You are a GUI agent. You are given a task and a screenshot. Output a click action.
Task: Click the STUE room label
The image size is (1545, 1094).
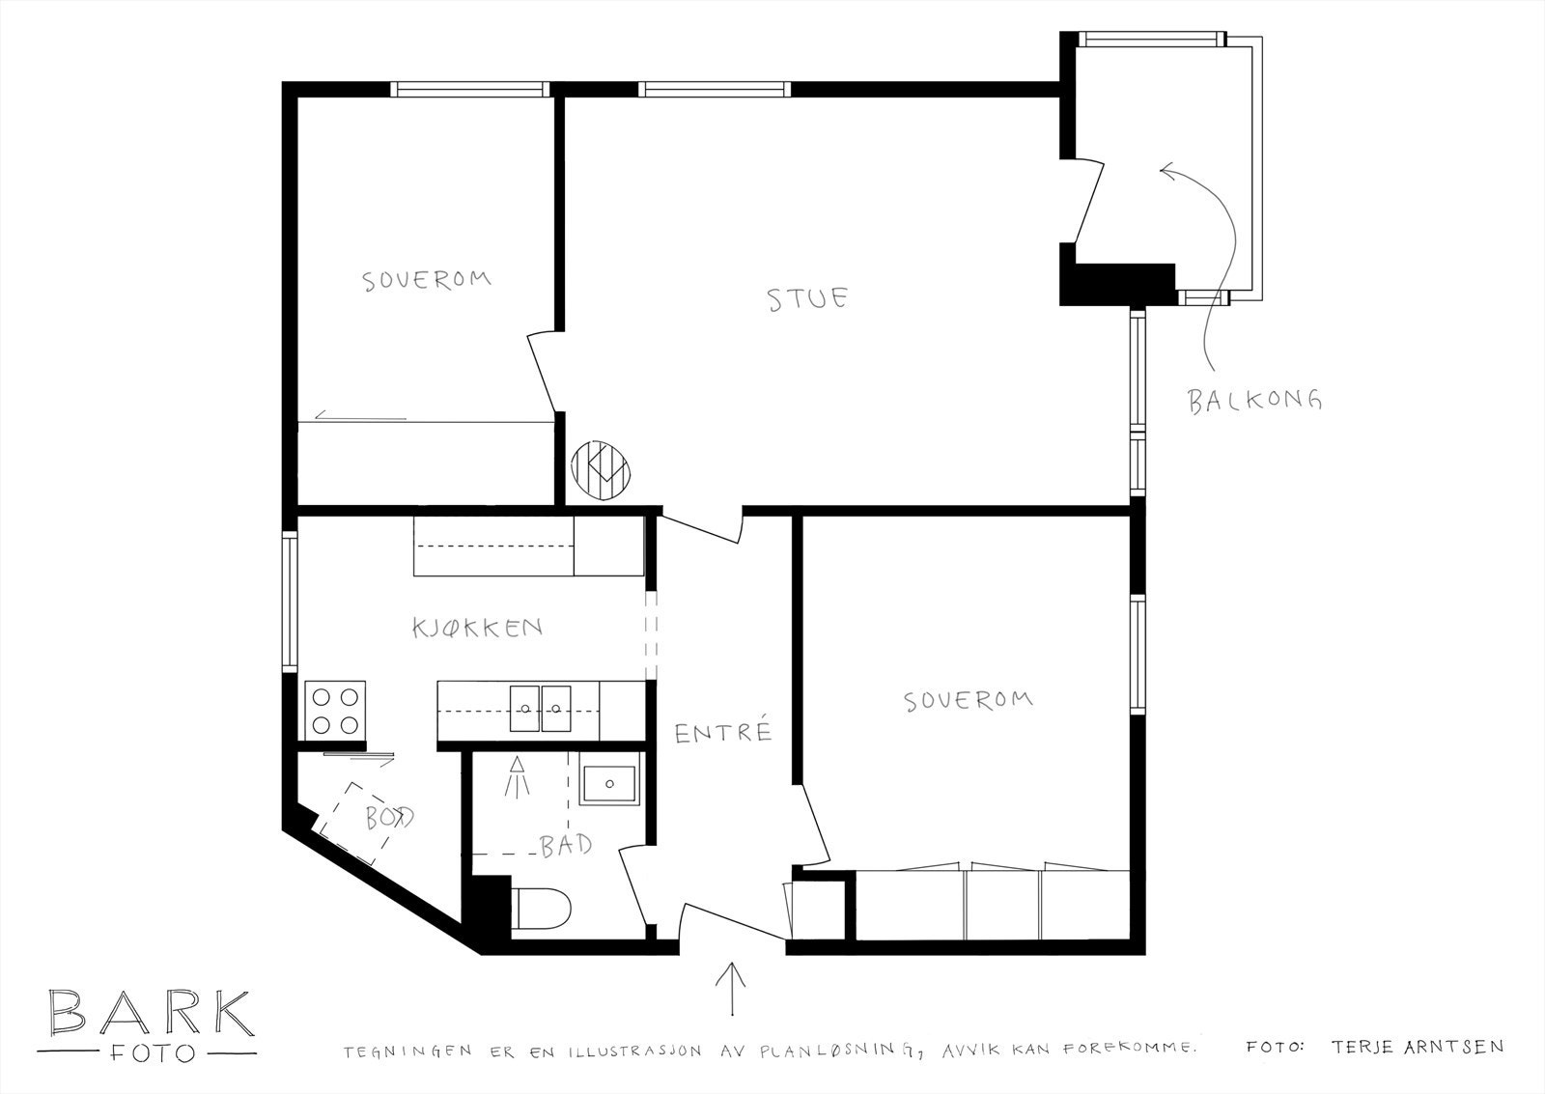click(807, 298)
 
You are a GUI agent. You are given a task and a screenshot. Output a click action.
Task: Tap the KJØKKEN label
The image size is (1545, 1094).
click(477, 628)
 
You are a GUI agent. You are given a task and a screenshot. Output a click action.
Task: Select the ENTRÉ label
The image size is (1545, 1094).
click(722, 731)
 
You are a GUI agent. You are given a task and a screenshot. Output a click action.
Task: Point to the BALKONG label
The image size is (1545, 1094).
click(1254, 401)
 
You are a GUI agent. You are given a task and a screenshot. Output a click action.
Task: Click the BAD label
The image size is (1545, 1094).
click(566, 845)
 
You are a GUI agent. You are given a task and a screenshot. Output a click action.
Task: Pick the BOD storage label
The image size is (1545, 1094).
click(389, 818)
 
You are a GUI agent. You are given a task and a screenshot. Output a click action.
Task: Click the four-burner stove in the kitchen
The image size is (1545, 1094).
click(335, 712)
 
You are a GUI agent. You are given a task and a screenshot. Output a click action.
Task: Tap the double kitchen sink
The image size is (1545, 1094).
click(540, 709)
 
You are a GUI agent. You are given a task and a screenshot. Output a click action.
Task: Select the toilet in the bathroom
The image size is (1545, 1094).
click(542, 909)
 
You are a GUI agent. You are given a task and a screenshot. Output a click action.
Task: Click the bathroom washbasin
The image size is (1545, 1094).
click(608, 785)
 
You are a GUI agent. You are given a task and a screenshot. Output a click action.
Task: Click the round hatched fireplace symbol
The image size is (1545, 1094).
click(601, 470)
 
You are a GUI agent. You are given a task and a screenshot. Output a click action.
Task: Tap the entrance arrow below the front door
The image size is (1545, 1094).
click(731, 989)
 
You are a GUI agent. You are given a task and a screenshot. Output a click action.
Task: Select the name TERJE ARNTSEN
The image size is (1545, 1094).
click(1418, 1047)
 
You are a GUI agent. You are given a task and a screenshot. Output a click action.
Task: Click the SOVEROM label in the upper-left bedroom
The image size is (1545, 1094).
click(427, 280)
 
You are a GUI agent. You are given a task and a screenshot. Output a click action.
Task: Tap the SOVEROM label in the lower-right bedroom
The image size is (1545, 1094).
click(969, 701)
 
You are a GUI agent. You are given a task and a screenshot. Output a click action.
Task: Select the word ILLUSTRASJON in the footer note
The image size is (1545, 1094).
click(635, 1052)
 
